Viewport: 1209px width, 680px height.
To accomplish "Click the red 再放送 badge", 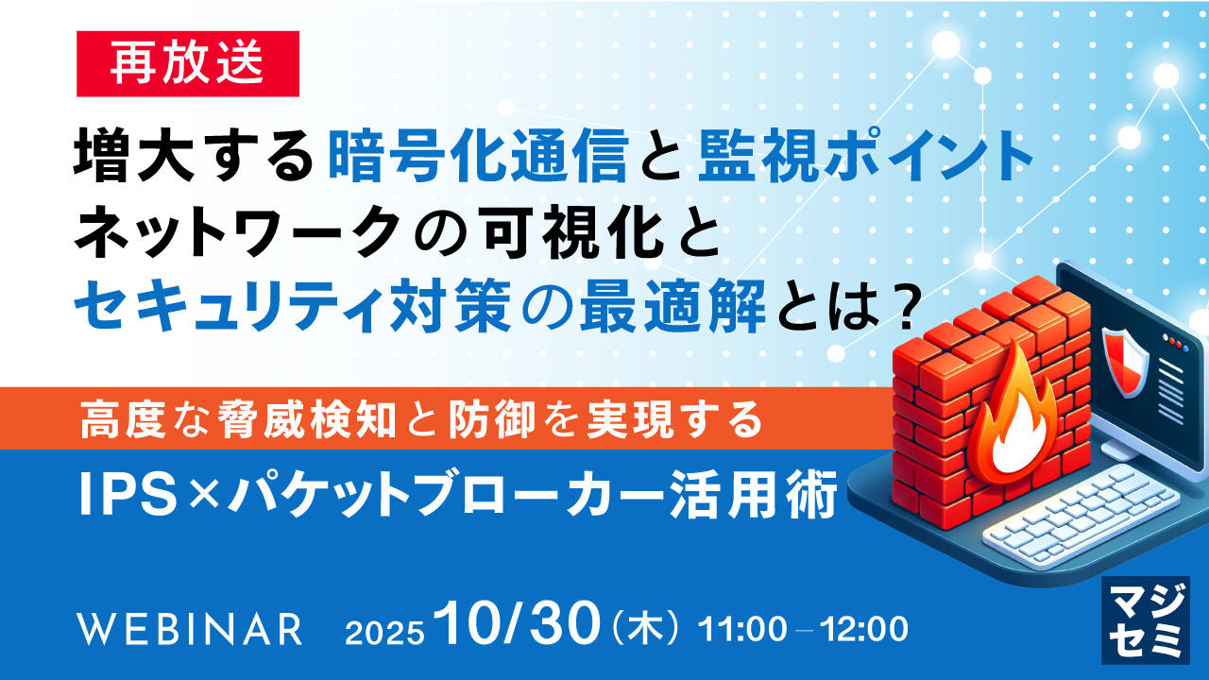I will (x=187, y=63).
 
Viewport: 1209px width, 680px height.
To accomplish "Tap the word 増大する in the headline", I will (x=194, y=156).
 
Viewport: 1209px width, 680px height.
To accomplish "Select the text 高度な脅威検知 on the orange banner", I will (x=242, y=418).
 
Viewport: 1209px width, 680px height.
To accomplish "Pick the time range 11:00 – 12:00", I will (x=803, y=628).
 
